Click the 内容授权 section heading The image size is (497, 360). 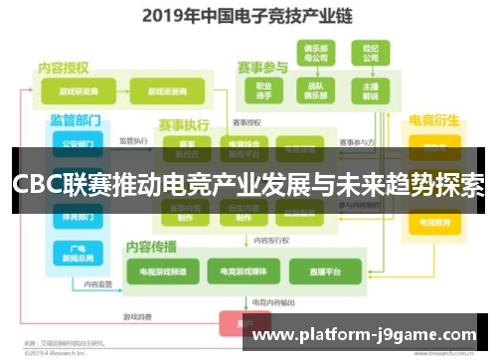pos(64,68)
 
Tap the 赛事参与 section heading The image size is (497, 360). pos(262,68)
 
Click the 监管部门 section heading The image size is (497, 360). pos(76,119)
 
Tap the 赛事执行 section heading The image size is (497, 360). pos(184,125)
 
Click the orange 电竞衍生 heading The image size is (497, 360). pos(433,120)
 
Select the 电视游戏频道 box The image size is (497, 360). pos(161,270)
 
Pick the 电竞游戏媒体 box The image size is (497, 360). pos(243,270)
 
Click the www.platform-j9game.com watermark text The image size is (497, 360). pos(366,335)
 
